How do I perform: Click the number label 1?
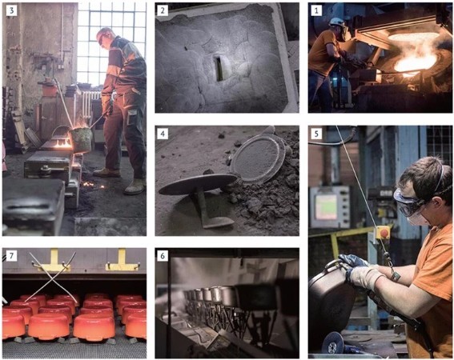(316, 10)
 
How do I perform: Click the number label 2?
(163, 10)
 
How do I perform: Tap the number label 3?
(11, 10)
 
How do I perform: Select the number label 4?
(163, 134)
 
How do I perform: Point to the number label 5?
(316, 134)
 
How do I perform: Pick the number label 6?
(163, 256)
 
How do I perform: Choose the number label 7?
(11, 256)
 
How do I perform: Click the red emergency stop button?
(384, 232)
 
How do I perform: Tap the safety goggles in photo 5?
(411, 202)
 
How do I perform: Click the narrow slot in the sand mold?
(219, 68)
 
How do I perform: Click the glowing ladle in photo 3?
(82, 139)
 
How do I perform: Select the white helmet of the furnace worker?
(336, 22)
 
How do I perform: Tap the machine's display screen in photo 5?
(326, 207)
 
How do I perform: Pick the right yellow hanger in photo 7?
(123, 261)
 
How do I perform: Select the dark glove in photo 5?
(352, 261)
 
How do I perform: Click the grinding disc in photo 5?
(332, 342)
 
